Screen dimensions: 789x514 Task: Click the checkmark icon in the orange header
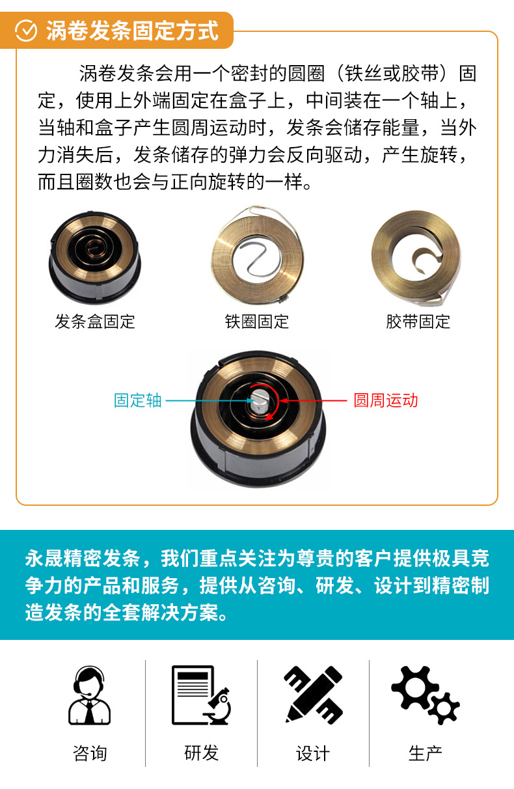[26, 31]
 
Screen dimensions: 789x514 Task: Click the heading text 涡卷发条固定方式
[132, 31]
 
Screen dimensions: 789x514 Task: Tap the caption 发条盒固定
[95, 321]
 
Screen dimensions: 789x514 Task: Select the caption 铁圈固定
[256, 321]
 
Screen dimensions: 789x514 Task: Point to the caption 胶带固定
[418, 321]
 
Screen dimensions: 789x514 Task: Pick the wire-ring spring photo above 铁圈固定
[257, 256]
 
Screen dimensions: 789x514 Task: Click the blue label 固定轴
[137, 400]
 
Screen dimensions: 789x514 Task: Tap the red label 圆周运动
[385, 400]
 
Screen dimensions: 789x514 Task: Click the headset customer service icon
[89, 695]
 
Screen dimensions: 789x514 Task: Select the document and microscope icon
[201, 695]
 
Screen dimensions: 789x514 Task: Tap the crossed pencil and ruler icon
[313, 695]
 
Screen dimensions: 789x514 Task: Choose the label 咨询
[89, 753]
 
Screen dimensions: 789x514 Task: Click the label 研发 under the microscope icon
[201, 753]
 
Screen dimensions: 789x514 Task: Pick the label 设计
[313, 753]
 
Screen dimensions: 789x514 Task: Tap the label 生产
[425, 753]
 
